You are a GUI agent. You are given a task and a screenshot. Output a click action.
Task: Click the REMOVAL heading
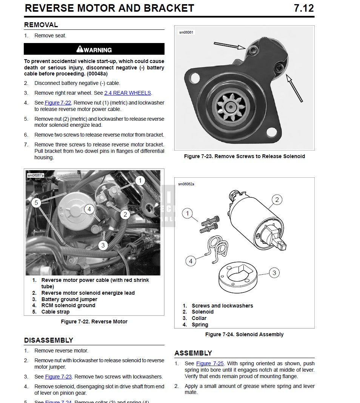[x=41, y=25]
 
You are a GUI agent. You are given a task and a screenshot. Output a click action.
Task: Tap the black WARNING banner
[x=94, y=49]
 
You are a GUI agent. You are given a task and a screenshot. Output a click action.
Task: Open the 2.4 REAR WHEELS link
[x=128, y=93]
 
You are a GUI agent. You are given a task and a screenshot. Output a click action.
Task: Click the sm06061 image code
[x=186, y=32]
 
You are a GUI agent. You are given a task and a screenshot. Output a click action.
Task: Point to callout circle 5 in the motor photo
[x=36, y=203]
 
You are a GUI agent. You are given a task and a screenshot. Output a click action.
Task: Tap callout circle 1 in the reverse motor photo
[x=140, y=181]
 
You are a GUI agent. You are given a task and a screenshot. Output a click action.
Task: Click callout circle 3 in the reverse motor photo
[x=103, y=245]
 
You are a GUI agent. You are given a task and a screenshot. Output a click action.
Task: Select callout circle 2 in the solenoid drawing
[x=277, y=200]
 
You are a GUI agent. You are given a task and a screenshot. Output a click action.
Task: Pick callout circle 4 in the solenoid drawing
[x=191, y=261]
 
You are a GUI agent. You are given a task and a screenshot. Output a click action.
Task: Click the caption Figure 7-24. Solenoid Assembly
[x=244, y=334]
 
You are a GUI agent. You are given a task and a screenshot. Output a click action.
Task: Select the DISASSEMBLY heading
[x=49, y=340]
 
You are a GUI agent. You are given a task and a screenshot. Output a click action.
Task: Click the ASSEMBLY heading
[x=193, y=353]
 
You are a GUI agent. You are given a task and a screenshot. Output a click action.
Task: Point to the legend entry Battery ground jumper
[x=69, y=299]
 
